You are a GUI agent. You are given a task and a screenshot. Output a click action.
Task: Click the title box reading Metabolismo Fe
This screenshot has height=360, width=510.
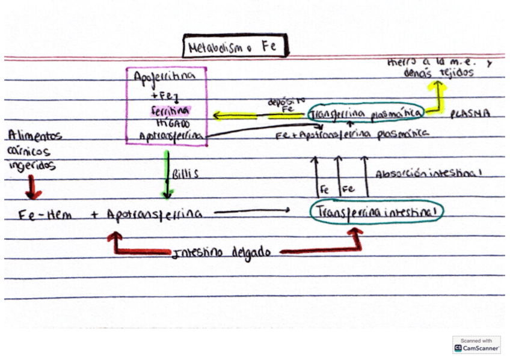tap(236, 46)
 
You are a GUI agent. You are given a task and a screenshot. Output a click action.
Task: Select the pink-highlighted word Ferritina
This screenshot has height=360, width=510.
tap(170, 111)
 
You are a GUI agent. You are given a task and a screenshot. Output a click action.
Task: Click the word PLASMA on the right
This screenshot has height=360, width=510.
tap(470, 113)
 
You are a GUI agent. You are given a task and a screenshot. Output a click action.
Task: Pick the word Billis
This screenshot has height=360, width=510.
tap(185, 174)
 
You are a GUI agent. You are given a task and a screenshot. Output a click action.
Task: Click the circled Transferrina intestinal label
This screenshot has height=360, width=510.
tap(376, 212)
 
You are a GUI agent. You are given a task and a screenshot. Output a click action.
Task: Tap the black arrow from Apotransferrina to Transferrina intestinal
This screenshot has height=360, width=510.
tap(253, 212)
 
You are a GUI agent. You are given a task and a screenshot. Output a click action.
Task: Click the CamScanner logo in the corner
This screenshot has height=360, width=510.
tap(476, 344)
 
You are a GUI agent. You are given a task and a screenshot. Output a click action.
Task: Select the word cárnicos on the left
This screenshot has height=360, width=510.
tap(29, 151)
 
